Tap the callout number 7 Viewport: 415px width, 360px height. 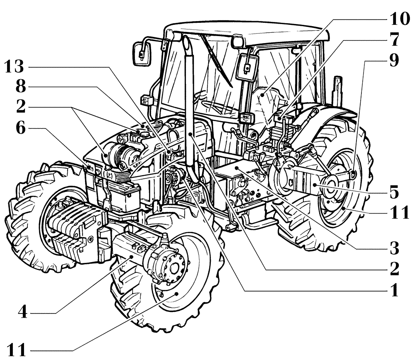pos(394,40)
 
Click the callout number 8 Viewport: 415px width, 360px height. pos(21,88)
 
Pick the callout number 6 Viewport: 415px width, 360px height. pos(21,128)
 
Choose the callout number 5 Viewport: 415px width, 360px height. pos(393,192)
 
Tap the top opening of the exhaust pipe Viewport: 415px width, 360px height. pos(186,41)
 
